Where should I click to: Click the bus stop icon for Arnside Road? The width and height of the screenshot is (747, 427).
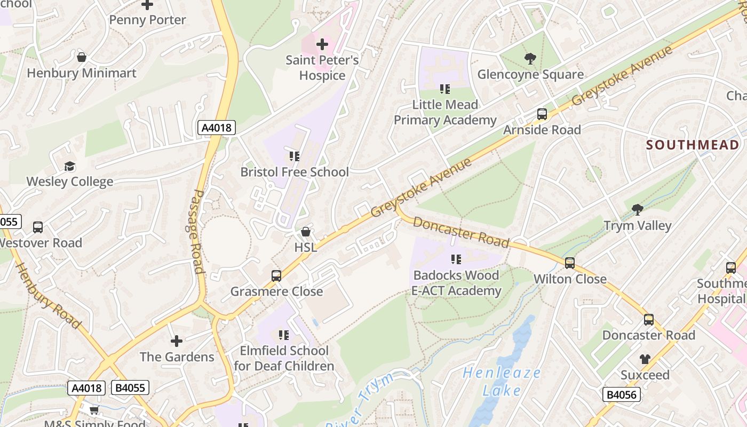(542, 114)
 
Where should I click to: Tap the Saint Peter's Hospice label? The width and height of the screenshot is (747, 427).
(322, 68)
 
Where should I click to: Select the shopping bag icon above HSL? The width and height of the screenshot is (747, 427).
(306, 232)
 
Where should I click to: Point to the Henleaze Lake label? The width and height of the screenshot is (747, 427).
(502, 382)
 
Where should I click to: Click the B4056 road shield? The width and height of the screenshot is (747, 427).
(622, 394)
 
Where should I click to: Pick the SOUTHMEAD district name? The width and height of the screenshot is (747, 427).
(693, 145)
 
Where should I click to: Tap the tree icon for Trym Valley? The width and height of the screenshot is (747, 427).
(637, 209)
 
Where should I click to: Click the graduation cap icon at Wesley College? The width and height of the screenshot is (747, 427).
(70, 166)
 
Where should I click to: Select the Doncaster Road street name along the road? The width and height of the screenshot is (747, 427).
(461, 232)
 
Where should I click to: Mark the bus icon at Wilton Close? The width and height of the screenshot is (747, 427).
(570, 263)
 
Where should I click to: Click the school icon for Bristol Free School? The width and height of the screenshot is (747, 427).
(294, 156)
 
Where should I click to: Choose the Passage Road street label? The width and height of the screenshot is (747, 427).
(198, 231)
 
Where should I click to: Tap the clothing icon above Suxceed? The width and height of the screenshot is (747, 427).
(645, 359)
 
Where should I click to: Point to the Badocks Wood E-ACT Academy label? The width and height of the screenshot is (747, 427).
(456, 283)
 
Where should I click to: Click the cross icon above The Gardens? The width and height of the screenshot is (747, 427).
(177, 341)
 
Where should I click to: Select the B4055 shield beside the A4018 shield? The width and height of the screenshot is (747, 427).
(130, 388)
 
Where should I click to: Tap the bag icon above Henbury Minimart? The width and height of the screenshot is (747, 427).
(82, 57)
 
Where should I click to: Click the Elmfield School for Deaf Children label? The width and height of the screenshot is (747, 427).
(284, 358)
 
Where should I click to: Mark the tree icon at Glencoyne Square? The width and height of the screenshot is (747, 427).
(530, 58)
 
